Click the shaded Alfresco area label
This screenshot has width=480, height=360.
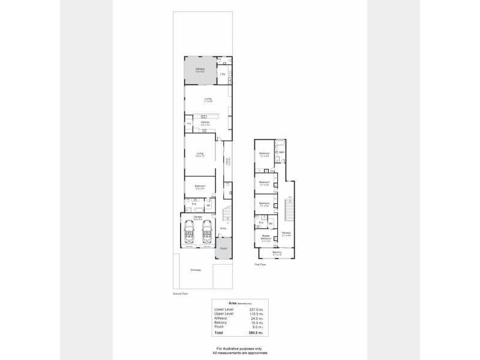200,70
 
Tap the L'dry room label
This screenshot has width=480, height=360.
223,74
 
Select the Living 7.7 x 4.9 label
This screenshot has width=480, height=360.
208,100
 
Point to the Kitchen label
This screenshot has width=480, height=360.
205,122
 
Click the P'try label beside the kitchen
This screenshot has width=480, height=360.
189,124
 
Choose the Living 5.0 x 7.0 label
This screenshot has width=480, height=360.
200,155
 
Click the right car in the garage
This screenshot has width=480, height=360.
208,230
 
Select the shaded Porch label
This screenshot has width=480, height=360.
223,248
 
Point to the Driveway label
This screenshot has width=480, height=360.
196,270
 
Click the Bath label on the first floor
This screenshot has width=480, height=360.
281,152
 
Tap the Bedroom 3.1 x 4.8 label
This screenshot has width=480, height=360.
264,154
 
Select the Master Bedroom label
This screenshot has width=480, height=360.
265,237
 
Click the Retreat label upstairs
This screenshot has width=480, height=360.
286,234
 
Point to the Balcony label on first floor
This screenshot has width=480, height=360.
277,253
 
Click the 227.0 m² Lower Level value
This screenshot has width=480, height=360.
256,309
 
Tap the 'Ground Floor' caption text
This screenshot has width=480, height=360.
181,294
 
